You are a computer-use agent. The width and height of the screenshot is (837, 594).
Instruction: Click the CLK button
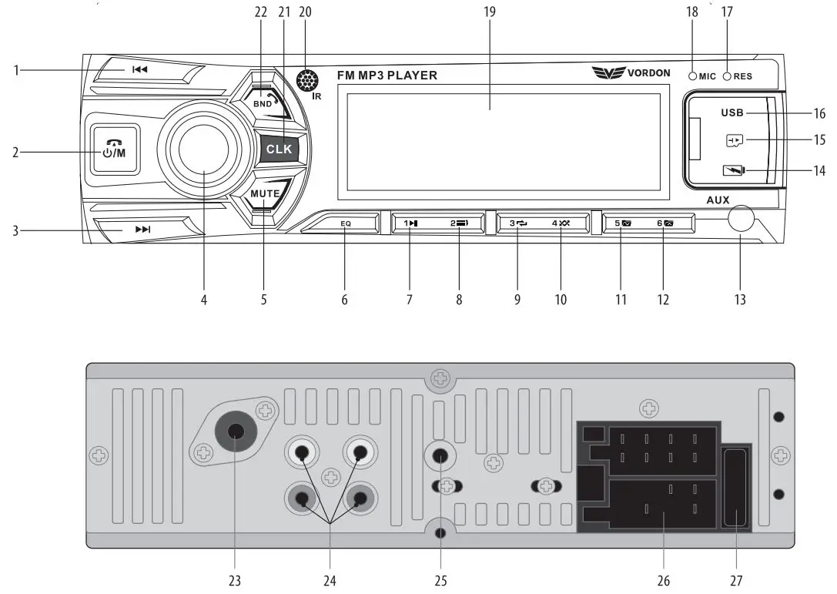(x=280, y=149)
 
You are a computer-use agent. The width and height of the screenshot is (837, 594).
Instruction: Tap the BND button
(x=264, y=102)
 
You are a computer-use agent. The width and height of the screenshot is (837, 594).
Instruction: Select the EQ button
(x=346, y=223)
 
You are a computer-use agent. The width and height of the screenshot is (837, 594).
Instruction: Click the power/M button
(x=113, y=150)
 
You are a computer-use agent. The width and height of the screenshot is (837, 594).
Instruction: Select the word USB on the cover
(x=732, y=113)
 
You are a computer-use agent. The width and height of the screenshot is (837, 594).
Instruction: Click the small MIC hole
(x=693, y=76)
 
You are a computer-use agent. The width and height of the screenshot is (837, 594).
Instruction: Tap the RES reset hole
(x=726, y=76)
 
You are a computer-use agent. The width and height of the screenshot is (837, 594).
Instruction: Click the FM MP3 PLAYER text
(x=387, y=76)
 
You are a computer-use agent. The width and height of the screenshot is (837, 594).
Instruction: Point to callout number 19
(x=490, y=12)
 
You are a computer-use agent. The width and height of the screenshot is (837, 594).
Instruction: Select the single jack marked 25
(x=440, y=455)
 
